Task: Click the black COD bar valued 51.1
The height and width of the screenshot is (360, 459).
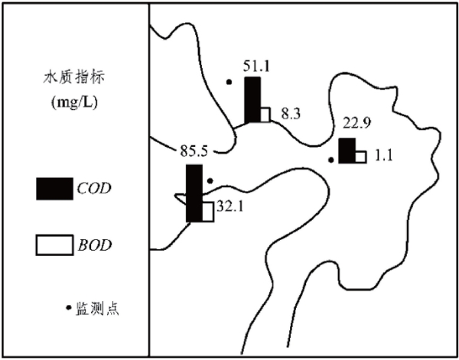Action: [253, 99]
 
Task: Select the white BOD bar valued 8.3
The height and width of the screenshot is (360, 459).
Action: [265, 115]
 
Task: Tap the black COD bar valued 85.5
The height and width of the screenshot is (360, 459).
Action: [194, 193]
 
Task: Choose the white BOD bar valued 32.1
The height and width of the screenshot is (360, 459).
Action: [207, 212]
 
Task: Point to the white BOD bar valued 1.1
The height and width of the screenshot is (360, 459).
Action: [360, 157]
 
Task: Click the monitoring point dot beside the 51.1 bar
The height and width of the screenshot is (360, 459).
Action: [228, 81]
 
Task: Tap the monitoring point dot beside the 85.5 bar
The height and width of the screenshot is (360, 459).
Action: [210, 181]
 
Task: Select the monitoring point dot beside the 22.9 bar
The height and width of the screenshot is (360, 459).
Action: [330, 160]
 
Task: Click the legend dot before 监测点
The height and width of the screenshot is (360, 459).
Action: [67, 308]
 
